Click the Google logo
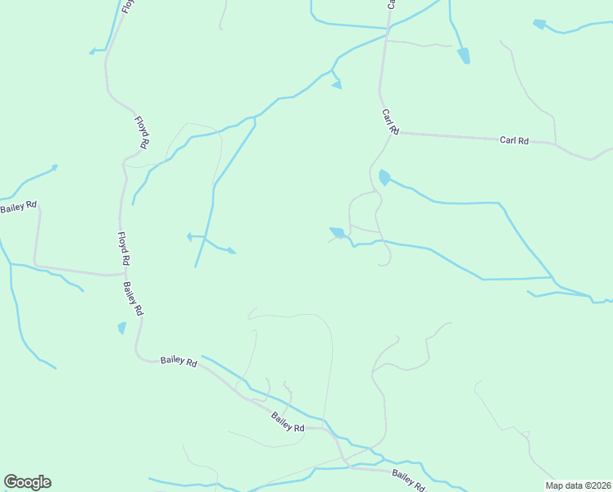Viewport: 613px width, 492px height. point(27,482)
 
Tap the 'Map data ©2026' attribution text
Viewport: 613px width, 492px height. point(579,485)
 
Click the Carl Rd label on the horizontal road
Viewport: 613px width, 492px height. point(514,140)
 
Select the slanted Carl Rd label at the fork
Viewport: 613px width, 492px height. point(390,121)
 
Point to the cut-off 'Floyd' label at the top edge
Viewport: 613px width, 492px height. point(127,7)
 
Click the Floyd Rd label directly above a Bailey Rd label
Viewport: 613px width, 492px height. point(124,248)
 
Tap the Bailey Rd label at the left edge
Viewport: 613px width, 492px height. point(18,207)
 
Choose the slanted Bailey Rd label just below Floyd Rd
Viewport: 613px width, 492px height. point(134,298)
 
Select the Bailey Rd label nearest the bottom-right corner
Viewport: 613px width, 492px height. point(409,479)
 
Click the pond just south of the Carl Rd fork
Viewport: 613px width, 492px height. point(384,177)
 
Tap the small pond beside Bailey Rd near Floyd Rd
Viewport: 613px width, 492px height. point(122,328)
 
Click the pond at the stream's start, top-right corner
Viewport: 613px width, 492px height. point(539,24)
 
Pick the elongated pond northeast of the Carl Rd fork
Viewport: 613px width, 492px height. point(464,55)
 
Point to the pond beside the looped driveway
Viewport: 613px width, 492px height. point(337,233)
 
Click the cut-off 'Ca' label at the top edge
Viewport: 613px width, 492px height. point(391,4)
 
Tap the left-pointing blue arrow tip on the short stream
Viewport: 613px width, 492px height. point(188,236)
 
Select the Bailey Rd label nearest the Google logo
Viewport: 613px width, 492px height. point(179,360)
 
